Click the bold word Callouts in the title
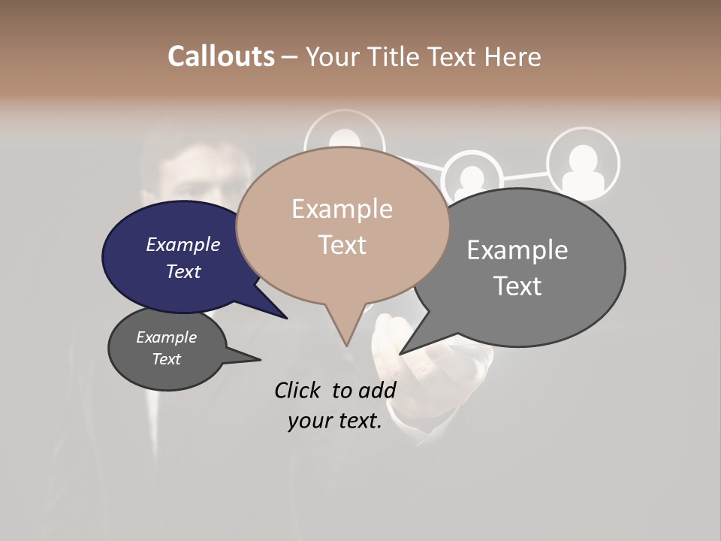[221, 56]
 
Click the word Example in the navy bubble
[183, 245]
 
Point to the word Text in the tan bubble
[342, 245]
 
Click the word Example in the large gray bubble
[517, 250]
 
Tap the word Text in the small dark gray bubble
[166, 359]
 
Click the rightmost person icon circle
[583, 163]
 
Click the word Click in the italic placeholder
[300, 390]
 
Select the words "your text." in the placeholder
[334, 422]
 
